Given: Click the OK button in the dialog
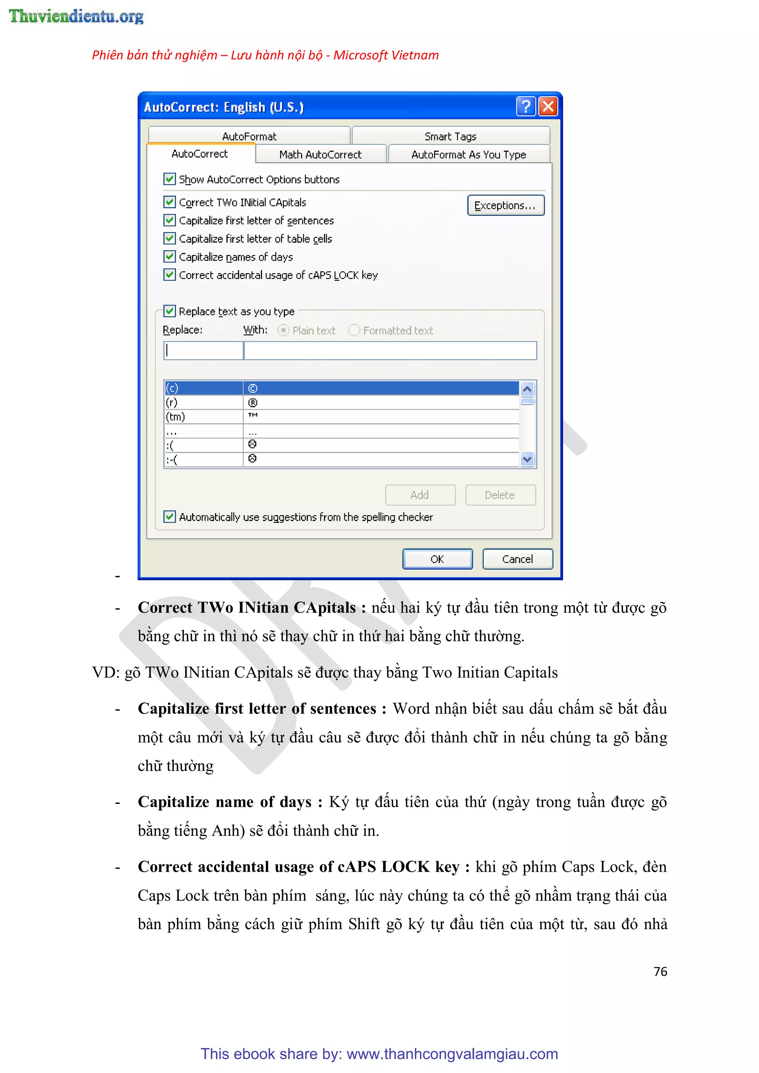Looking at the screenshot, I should pyautogui.click(x=437, y=559).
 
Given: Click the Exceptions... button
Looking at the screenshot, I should pyautogui.click(x=506, y=206).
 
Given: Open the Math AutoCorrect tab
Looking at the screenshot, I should pyautogui.click(x=321, y=155).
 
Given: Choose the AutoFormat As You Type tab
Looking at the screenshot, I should pyautogui.click(x=469, y=155).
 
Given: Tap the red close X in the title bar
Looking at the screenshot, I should pyautogui.click(x=548, y=106).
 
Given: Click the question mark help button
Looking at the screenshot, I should pyautogui.click(x=526, y=106).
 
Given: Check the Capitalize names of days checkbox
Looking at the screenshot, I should pyautogui.click(x=170, y=256).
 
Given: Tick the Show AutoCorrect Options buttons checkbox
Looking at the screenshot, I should pyautogui.click(x=170, y=179).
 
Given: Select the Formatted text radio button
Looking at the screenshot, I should pyautogui.click(x=354, y=330).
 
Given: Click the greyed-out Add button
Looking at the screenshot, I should pyautogui.click(x=420, y=495).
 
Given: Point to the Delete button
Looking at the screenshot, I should pyautogui.click(x=500, y=495).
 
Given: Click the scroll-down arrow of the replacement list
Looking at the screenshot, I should pyautogui.click(x=527, y=459).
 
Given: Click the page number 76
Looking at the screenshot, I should pyautogui.click(x=660, y=971).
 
